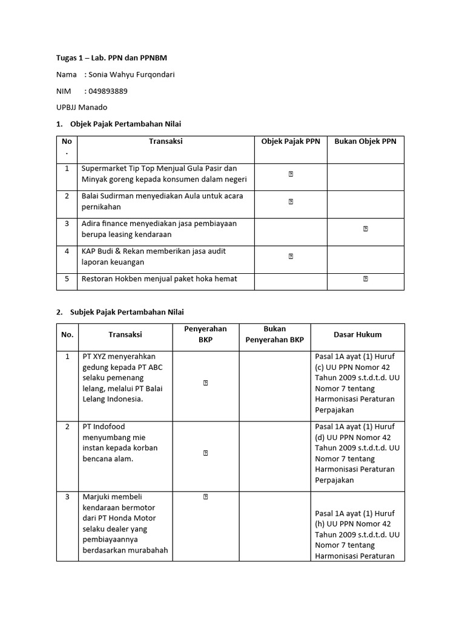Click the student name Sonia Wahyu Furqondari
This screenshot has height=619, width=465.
click(135, 75)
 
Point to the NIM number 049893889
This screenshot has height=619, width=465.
click(108, 91)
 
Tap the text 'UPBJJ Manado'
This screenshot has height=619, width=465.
click(82, 108)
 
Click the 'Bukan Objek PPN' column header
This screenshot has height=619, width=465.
click(365, 141)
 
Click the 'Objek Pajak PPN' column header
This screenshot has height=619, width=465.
click(291, 141)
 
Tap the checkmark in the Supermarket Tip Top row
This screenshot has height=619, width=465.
click(291, 174)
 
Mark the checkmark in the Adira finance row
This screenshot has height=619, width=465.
click(366, 228)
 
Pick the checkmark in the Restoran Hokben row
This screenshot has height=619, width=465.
click(366, 279)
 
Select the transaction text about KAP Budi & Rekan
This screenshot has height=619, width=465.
click(154, 256)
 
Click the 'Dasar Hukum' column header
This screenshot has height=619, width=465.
click(357, 334)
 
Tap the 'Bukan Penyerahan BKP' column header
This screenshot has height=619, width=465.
click(274, 334)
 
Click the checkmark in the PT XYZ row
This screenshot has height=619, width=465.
click(206, 383)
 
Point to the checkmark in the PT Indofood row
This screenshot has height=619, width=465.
click(206, 452)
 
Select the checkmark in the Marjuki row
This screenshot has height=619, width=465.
click(206, 497)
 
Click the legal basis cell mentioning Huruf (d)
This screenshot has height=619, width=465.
click(357, 453)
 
